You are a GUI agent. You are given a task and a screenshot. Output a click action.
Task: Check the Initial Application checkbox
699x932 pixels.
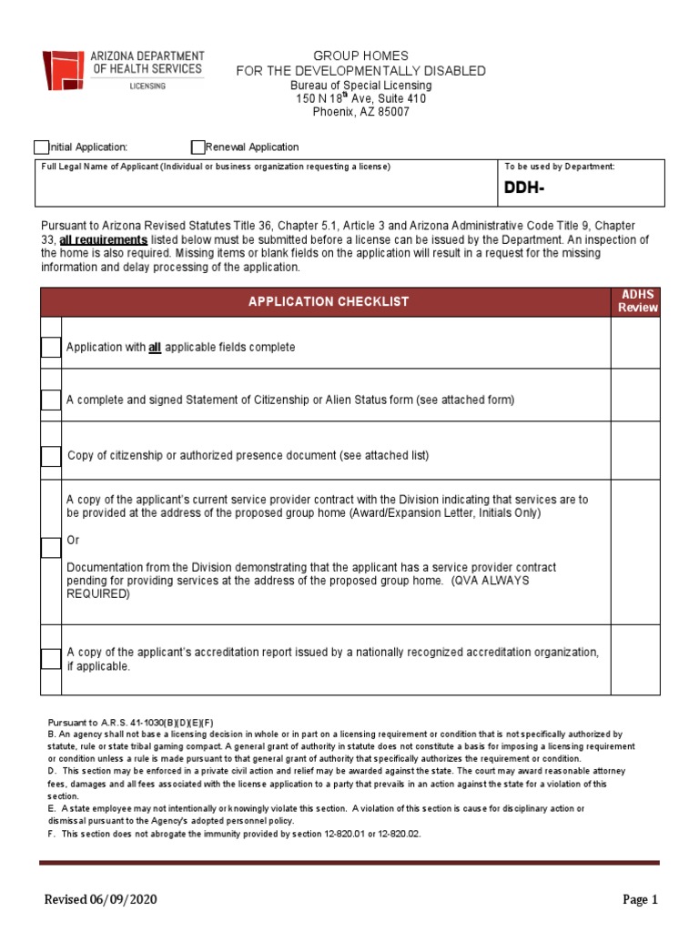41,147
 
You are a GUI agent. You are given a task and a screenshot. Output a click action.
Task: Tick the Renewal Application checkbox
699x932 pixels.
198,147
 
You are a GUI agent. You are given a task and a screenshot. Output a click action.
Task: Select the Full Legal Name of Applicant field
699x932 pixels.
264,188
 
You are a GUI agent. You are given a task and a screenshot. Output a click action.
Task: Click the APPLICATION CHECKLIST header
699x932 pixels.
329,301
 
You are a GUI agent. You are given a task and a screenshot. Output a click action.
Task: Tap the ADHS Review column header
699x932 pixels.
637,301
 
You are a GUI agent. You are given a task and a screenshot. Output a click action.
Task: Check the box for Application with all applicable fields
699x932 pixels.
50,348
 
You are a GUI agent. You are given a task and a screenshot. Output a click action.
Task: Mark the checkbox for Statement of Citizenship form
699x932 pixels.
50,400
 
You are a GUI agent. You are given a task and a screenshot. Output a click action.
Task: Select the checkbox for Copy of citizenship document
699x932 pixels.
50,456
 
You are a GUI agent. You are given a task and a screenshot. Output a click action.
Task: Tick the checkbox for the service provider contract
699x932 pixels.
50,548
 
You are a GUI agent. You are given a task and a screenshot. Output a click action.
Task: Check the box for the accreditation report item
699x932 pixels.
50,659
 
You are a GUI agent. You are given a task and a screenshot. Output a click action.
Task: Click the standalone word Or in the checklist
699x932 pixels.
74,541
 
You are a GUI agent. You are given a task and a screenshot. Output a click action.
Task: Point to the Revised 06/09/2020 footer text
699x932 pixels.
102,900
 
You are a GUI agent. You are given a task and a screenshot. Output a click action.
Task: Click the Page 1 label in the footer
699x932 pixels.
640,900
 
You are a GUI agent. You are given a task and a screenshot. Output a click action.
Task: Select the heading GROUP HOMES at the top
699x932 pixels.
361,56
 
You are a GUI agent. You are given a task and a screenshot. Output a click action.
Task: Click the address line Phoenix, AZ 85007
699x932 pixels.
361,112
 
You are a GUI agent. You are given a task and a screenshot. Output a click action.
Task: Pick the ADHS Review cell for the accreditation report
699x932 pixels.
635,659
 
